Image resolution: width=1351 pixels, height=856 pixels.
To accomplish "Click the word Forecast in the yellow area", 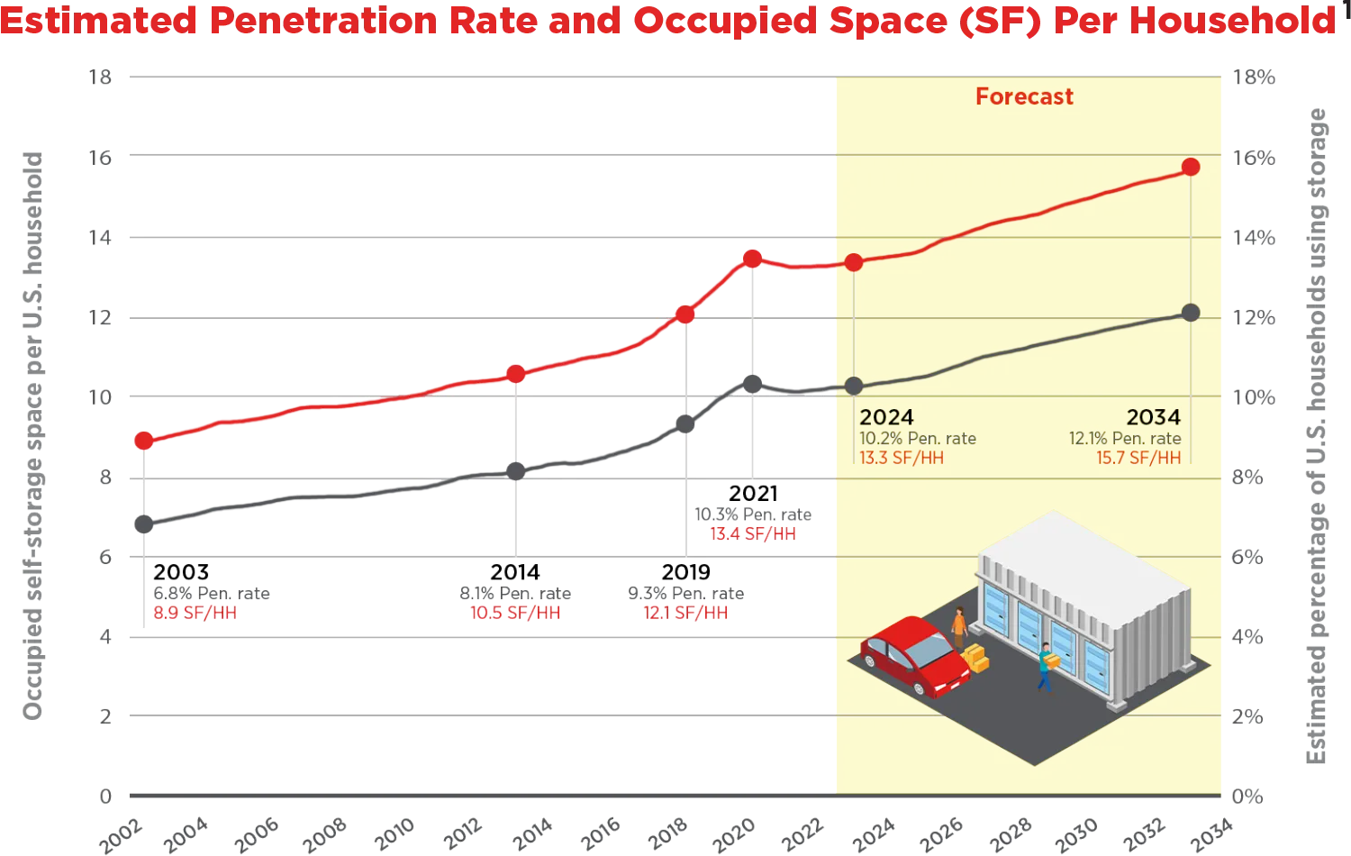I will (x=1024, y=96).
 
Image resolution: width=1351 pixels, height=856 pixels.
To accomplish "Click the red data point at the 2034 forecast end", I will (x=1191, y=167).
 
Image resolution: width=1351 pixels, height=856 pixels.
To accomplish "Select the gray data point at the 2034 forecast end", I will (x=1191, y=313).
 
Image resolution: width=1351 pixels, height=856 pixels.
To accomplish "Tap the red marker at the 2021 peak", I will (x=752, y=259).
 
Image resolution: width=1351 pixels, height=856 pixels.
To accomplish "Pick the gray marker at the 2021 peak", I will (x=752, y=384).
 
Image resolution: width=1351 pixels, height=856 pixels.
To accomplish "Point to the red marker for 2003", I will (x=143, y=441).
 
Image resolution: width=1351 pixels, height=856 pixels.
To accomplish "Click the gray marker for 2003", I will (x=143, y=524).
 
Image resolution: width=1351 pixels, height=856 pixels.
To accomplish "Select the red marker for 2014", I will (x=515, y=373).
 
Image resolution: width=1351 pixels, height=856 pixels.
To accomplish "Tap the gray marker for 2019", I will (x=686, y=423).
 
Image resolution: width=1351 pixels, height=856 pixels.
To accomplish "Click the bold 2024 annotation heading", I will (x=886, y=417).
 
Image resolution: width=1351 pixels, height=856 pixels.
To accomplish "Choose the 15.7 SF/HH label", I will (x=1138, y=458).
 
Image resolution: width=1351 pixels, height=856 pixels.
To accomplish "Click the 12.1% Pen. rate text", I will (x=1125, y=438).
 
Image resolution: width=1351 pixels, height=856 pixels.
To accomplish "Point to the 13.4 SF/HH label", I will (x=753, y=533).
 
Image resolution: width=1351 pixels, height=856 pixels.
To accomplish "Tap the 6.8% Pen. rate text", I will (x=212, y=593).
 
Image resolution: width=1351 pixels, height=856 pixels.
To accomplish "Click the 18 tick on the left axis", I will (x=101, y=77).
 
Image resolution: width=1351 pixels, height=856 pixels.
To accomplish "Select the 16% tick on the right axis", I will (x=1253, y=158).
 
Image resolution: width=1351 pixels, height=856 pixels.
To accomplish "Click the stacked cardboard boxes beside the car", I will (x=975, y=658).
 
